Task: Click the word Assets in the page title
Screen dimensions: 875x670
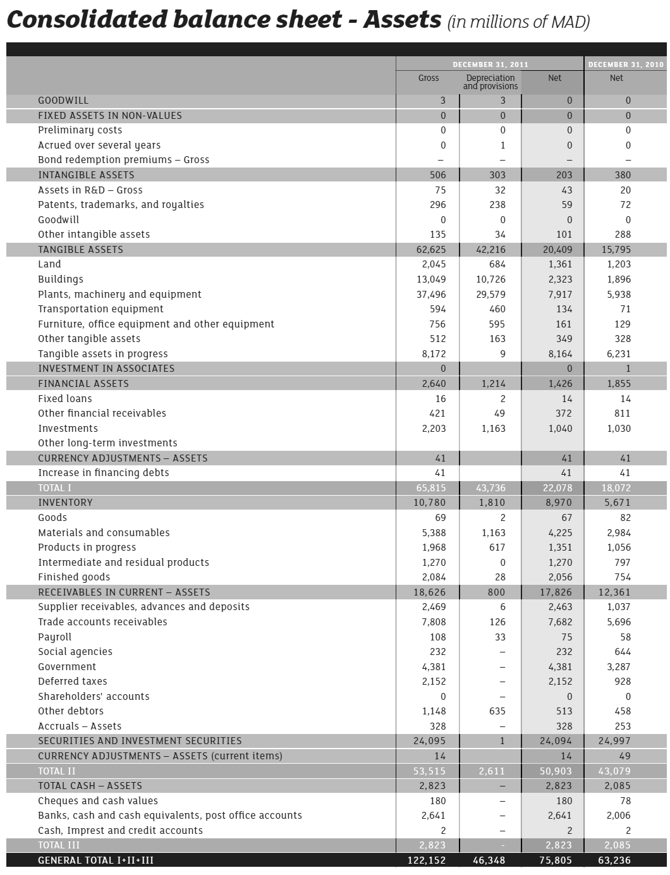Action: click(x=402, y=20)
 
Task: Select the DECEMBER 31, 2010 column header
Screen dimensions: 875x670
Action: click(x=626, y=64)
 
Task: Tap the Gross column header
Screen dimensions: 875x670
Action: click(x=429, y=78)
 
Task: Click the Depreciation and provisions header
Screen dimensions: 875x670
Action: click(x=490, y=82)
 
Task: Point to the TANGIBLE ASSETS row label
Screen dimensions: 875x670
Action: click(x=80, y=250)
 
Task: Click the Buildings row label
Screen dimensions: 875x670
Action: click(x=61, y=279)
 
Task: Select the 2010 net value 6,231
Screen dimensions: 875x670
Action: click(x=619, y=354)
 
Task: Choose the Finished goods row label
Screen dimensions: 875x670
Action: click(x=74, y=577)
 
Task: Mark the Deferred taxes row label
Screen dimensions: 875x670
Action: click(x=73, y=682)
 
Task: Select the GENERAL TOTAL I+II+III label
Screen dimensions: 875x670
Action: click(x=95, y=860)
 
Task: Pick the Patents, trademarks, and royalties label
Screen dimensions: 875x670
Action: click(x=121, y=205)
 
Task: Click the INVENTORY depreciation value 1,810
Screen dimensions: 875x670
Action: click(x=492, y=503)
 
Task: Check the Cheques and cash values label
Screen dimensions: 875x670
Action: click(x=98, y=801)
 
